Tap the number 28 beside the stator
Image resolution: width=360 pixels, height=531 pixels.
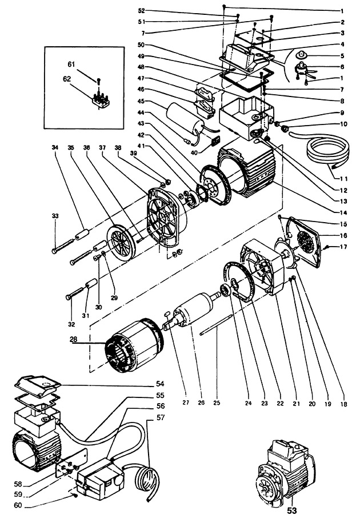click(x=74, y=339)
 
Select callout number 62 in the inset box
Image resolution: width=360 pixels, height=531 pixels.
click(x=67, y=79)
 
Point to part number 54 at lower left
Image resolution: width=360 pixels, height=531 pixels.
click(x=160, y=384)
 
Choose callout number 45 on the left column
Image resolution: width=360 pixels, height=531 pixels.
click(x=141, y=101)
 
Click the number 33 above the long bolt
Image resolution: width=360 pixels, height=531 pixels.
click(x=55, y=216)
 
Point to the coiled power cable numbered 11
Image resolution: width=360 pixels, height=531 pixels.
click(x=326, y=150)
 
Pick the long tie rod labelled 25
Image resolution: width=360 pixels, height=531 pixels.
click(x=216, y=325)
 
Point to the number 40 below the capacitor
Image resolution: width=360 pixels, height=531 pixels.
click(x=194, y=152)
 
